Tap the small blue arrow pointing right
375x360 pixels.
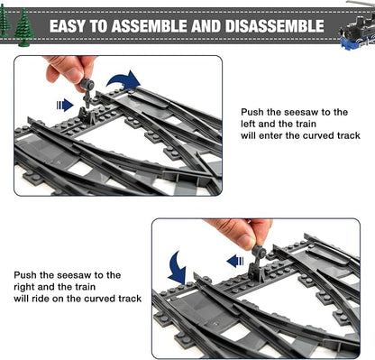(x=65, y=105)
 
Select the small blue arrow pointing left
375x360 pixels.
(x=236, y=261)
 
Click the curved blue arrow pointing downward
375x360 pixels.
(x=178, y=267)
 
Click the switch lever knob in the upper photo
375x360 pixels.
(x=88, y=85)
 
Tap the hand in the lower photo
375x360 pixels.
(x=235, y=231)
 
